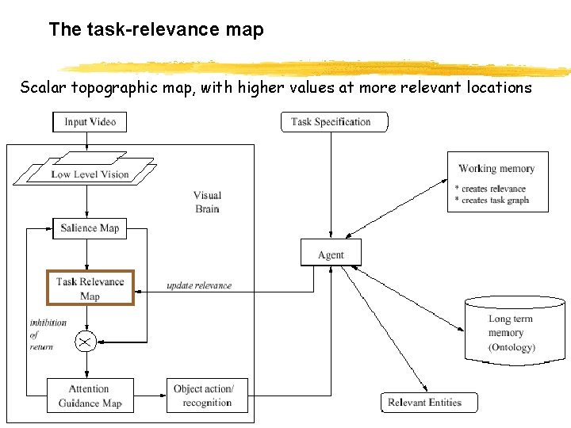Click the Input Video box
click(90, 122)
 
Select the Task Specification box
click(335, 122)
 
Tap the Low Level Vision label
click(90, 174)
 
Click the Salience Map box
click(89, 228)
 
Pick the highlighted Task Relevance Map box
click(90, 289)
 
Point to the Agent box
click(331, 254)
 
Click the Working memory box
click(497, 182)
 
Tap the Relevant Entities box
click(429, 403)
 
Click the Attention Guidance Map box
click(89, 396)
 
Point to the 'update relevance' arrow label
click(199, 285)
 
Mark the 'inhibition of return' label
click(48, 335)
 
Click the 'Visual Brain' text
click(207, 202)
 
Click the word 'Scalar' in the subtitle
click(43, 88)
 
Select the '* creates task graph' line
click(492, 201)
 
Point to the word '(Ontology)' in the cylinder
click(512, 347)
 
